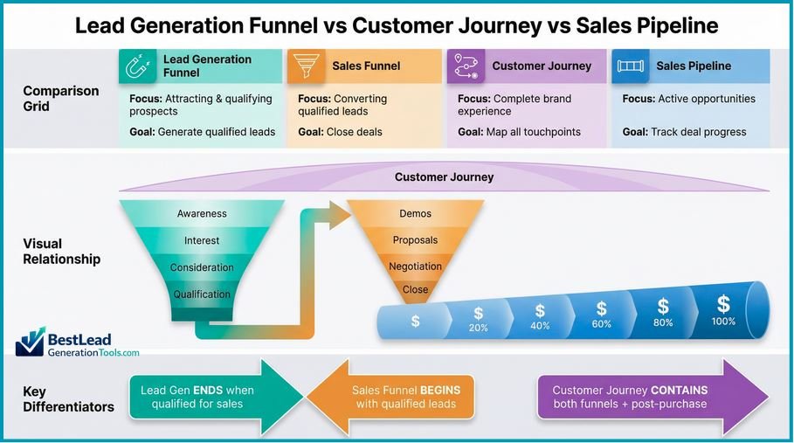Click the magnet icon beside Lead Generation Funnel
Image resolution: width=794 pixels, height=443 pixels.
[x=137, y=66]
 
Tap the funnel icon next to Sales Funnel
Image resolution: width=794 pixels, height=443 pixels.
[x=306, y=66]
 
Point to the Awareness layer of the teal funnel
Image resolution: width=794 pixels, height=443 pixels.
[x=202, y=213]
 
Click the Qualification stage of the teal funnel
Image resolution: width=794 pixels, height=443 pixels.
[x=202, y=294]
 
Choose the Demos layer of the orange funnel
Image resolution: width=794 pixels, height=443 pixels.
[x=416, y=213]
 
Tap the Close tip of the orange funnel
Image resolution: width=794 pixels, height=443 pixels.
[x=416, y=289]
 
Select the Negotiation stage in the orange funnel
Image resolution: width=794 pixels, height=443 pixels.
[x=416, y=266]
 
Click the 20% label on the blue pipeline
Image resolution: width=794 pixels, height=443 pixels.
[x=479, y=328]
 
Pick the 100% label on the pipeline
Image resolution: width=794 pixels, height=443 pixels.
[x=723, y=322]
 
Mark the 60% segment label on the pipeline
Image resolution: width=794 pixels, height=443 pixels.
[x=602, y=324]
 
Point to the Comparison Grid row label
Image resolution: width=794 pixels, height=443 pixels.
[x=48, y=99]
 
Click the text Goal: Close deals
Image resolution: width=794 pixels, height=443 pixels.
[x=340, y=132]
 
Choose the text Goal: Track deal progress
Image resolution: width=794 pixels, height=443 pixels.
[x=684, y=132]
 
